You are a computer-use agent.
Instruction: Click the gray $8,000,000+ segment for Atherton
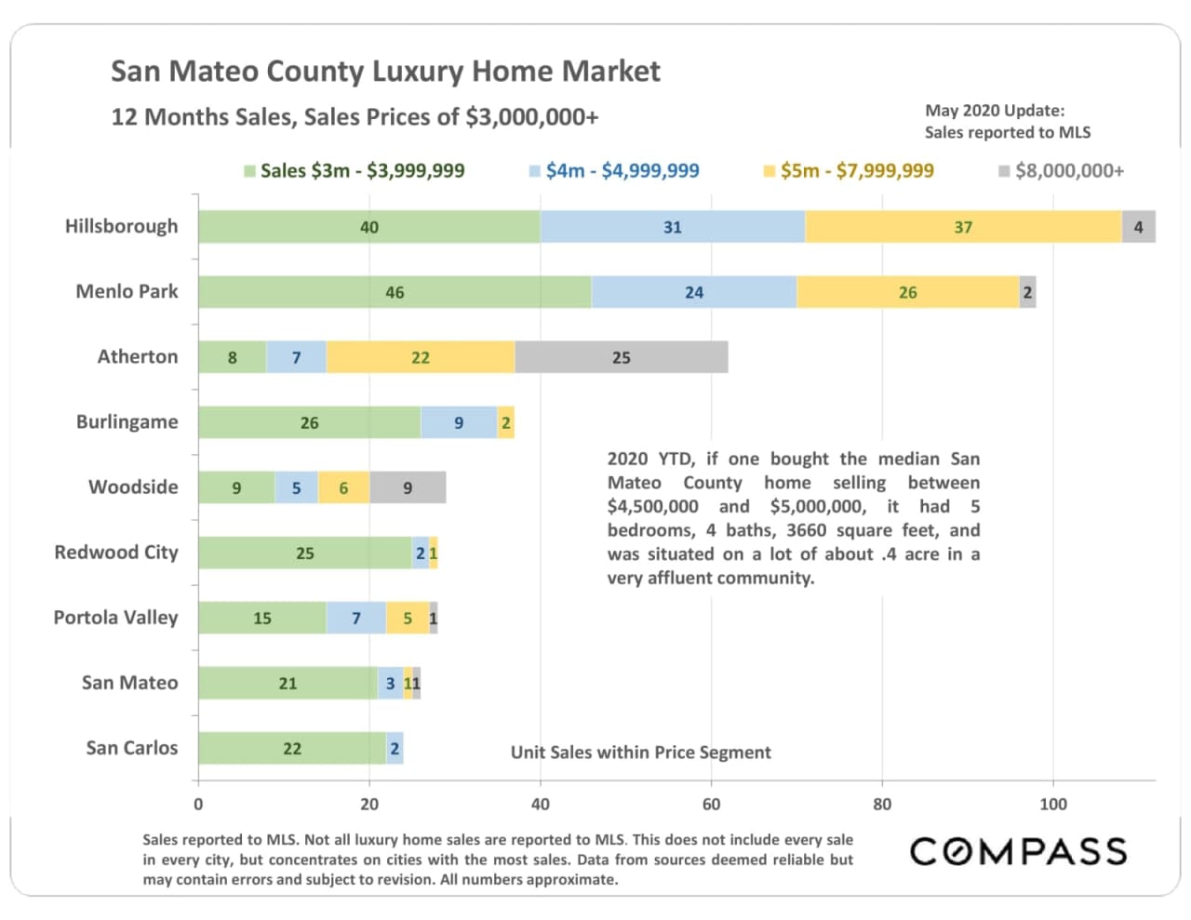(621, 357)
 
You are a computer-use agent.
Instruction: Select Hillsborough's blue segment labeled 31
(672, 227)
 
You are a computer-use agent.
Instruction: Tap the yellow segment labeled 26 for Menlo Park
(907, 292)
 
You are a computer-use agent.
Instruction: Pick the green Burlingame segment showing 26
(309, 422)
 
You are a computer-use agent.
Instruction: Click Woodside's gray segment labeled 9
(408, 487)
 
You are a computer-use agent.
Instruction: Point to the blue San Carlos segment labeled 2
(395, 748)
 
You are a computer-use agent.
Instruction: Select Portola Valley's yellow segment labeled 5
(408, 618)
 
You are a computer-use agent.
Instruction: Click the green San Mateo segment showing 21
(288, 683)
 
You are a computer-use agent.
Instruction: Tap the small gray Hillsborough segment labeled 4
(1138, 227)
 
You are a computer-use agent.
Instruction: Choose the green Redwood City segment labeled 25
(304, 553)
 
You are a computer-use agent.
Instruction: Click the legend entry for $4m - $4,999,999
(614, 171)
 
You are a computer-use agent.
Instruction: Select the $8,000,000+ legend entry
(1061, 171)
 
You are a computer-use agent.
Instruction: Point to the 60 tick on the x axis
(711, 804)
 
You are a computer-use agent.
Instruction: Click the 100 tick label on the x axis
(1052, 804)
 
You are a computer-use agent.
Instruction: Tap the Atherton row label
(138, 357)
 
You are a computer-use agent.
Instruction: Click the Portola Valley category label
(115, 618)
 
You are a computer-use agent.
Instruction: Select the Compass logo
(1018, 851)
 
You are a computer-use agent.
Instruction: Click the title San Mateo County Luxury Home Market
(385, 72)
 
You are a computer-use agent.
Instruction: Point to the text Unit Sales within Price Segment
(640, 753)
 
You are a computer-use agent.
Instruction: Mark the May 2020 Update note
(1007, 121)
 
